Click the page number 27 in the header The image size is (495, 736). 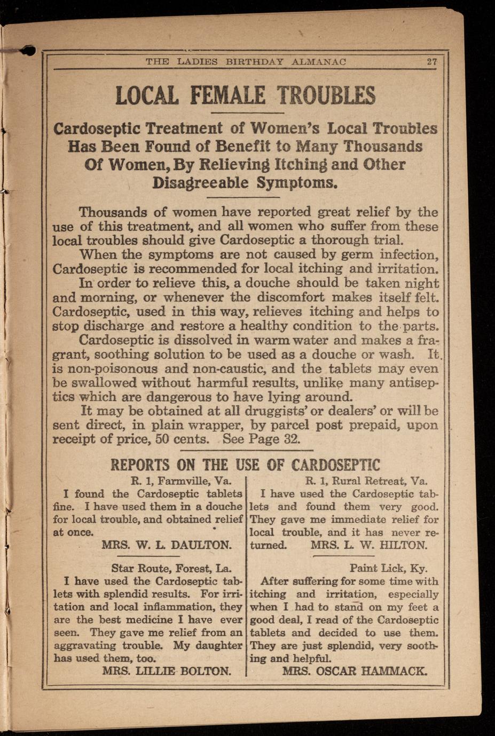(x=432, y=61)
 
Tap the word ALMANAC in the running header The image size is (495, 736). (x=319, y=61)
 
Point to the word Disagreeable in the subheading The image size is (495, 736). (x=200, y=182)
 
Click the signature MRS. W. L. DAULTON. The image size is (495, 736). (x=167, y=545)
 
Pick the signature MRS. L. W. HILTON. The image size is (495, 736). (x=369, y=545)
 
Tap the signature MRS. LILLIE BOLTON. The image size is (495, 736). (x=167, y=671)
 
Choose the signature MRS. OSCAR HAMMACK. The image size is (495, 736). (x=355, y=671)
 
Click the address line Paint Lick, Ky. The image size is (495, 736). (x=388, y=569)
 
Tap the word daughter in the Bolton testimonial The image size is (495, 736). (x=216, y=645)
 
